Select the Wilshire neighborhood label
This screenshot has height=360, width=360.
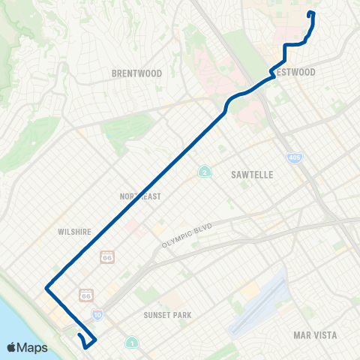[74, 232]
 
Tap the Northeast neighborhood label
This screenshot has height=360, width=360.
[140, 196]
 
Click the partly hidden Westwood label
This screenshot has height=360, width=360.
[297, 73]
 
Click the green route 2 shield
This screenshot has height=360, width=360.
[204, 172]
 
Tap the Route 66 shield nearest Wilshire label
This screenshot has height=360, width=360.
[106, 257]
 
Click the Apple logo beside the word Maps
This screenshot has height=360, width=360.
[11, 347]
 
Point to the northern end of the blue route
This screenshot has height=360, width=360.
[310, 13]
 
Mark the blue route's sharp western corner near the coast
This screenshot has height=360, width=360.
[46, 287]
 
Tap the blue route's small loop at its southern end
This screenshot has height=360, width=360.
[88, 341]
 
